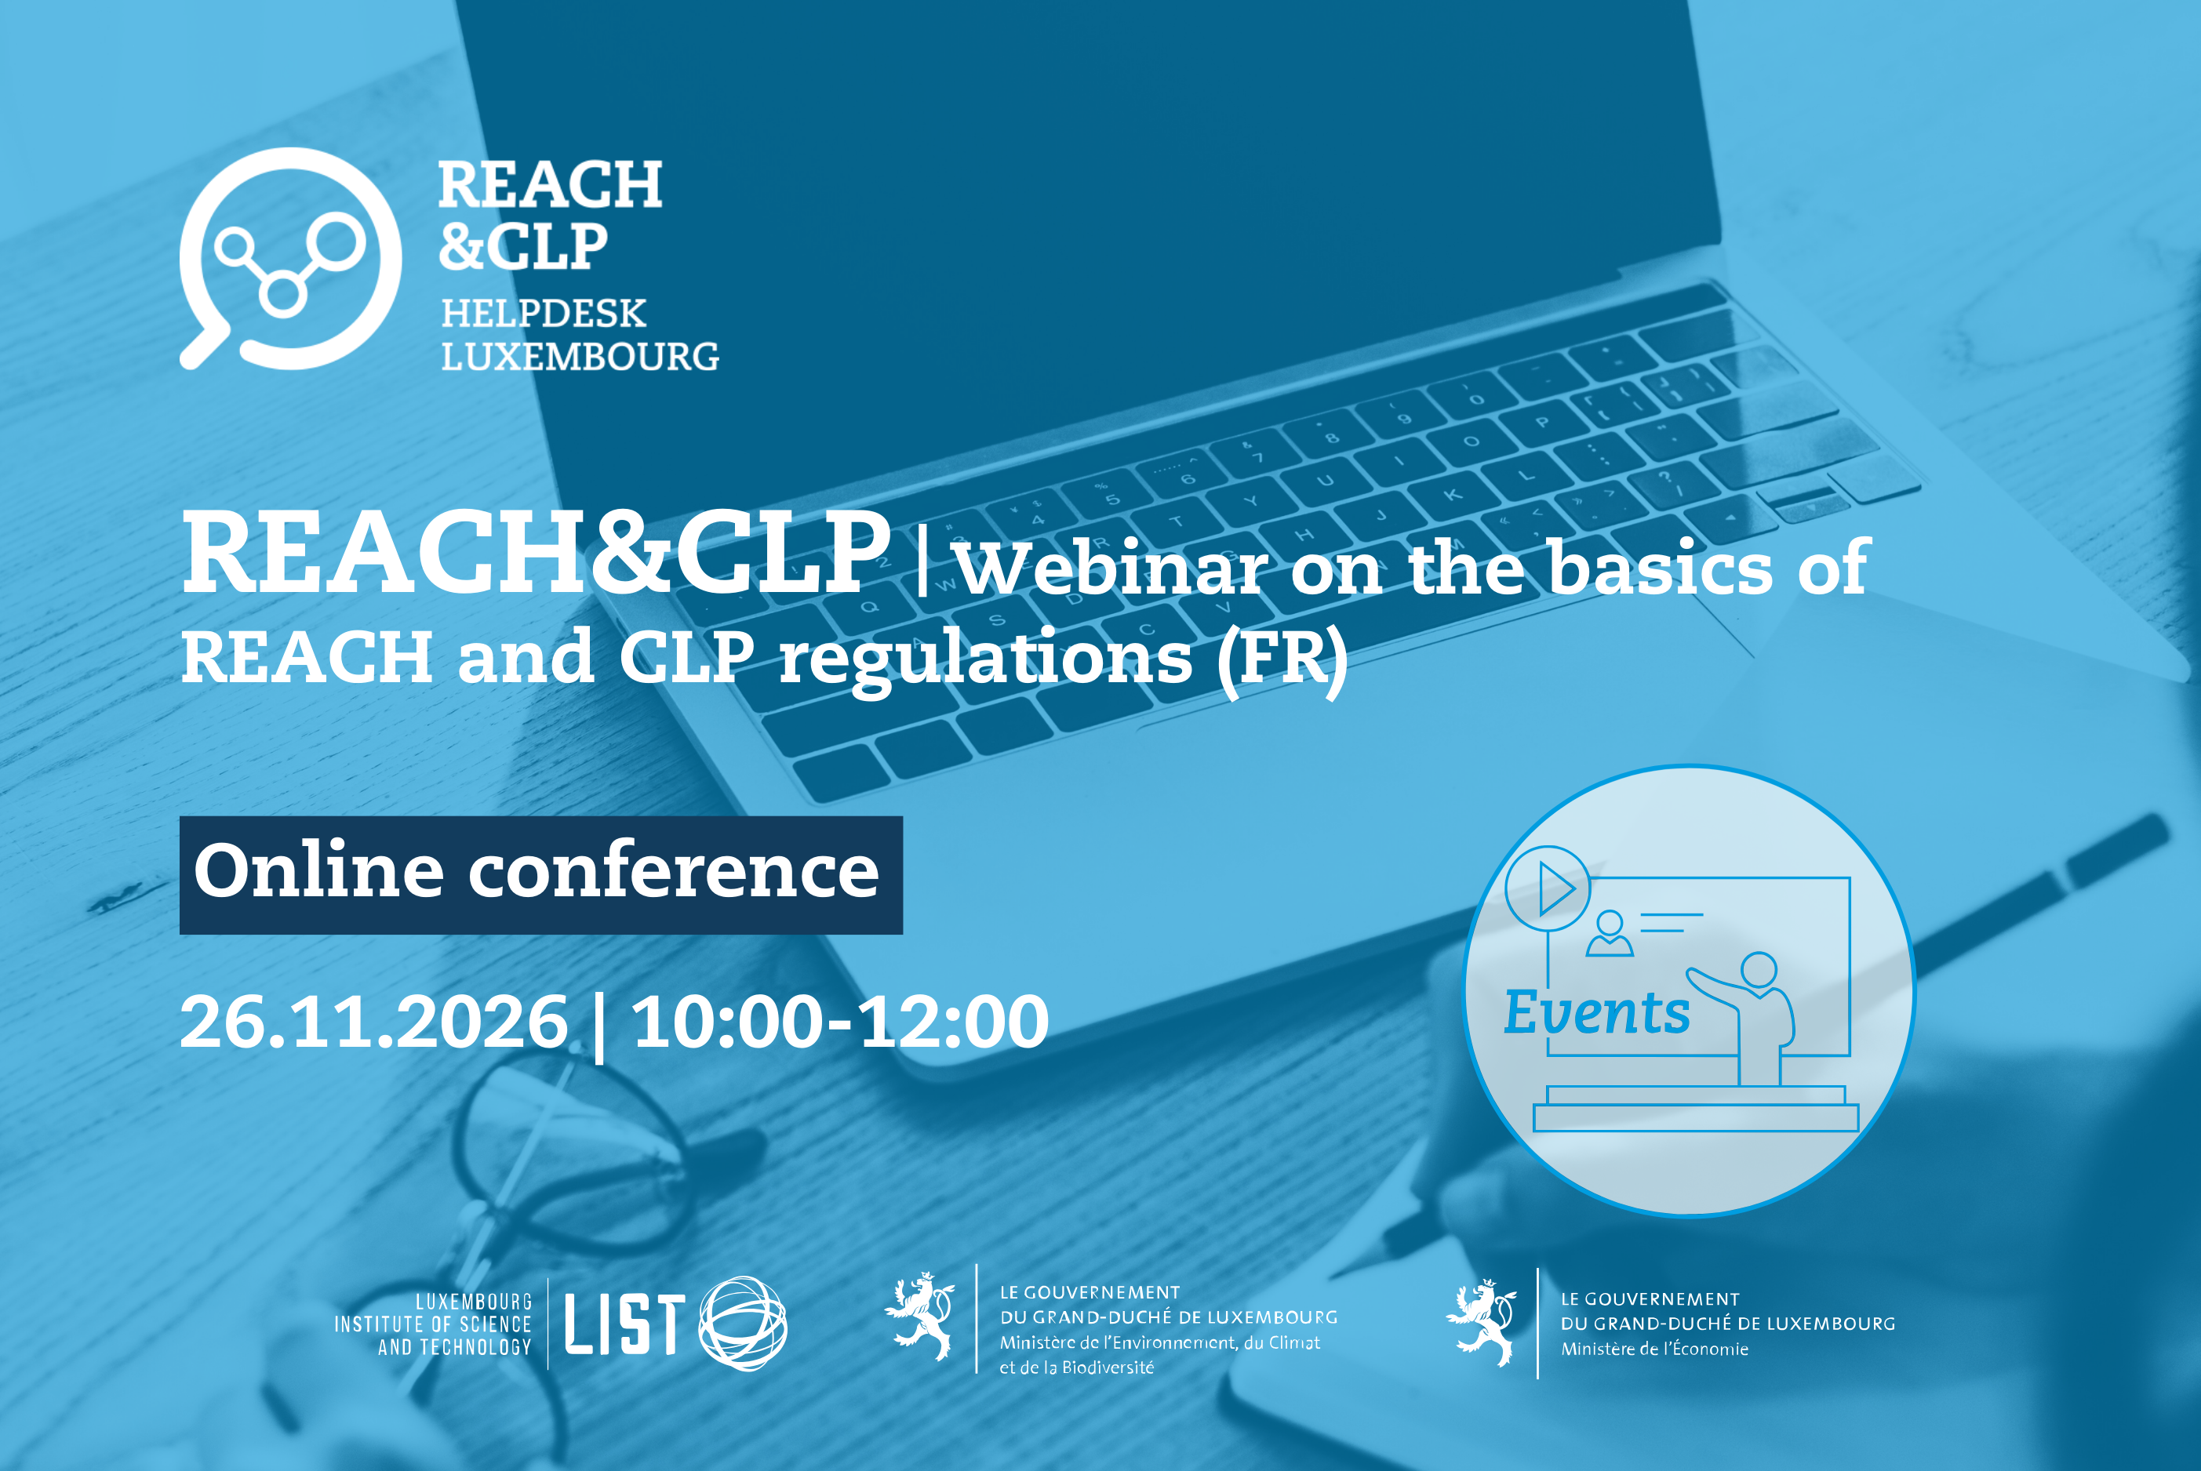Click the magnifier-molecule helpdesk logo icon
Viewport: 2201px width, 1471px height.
(x=291, y=258)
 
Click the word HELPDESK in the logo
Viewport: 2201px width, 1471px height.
(x=544, y=314)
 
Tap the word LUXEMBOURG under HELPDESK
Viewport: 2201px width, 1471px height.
(x=580, y=357)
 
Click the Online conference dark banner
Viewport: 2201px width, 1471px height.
(x=541, y=875)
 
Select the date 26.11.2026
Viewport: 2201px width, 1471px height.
(x=373, y=1022)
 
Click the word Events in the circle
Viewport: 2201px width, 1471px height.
(x=1596, y=1012)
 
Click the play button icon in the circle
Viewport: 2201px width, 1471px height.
(x=1548, y=888)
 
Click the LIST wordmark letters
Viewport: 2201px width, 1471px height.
(x=624, y=1324)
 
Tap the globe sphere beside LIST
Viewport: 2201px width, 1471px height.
(x=743, y=1323)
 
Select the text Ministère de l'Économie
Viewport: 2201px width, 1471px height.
(x=1654, y=1349)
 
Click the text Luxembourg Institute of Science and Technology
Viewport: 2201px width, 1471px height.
(x=434, y=1324)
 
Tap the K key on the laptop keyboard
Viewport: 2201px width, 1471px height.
(x=1453, y=495)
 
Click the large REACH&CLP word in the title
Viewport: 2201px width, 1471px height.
(x=536, y=554)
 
